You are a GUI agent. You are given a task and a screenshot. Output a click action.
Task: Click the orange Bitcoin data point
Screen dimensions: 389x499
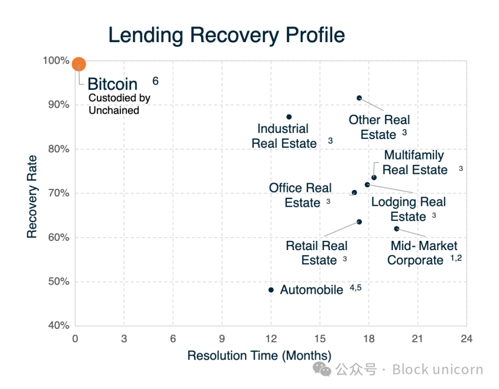coord(79,64)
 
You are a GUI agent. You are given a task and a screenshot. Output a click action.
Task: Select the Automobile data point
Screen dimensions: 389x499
coord(271,290)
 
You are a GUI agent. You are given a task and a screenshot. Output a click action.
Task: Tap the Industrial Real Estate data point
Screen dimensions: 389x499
coord(289,117)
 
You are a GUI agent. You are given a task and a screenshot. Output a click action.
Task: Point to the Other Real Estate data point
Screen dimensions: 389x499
coord(359,98)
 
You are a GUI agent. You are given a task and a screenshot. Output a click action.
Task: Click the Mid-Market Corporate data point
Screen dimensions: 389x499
coord(397,228)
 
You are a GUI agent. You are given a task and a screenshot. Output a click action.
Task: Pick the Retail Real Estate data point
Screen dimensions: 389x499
coord(359,222)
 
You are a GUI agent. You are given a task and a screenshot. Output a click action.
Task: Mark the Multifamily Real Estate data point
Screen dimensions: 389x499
coord(374,178)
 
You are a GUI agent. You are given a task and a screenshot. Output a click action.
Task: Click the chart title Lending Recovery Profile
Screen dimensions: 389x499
coord(227,35)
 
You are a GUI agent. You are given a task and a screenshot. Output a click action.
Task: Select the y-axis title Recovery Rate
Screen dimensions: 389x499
coord(32,196)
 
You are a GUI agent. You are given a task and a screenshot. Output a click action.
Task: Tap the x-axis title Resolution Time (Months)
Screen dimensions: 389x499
coord(259,356)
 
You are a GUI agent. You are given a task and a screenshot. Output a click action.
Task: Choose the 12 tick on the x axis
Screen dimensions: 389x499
coord(271,339)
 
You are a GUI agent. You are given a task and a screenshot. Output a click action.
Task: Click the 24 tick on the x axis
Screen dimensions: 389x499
coord(467,339)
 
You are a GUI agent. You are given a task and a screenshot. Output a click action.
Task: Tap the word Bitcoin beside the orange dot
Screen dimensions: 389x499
coord(113,84)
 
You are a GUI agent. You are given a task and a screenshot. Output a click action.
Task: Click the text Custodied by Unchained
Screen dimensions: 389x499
coord(119,104)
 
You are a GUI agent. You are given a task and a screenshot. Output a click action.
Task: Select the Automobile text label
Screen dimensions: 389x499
coord(312,290)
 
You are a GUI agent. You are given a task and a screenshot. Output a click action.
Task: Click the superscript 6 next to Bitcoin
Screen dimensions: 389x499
coord(156,81)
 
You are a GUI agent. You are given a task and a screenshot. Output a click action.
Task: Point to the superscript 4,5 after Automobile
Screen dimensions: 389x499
coord(356,288)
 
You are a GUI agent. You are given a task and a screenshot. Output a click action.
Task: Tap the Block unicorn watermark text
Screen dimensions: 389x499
coord(438,369)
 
